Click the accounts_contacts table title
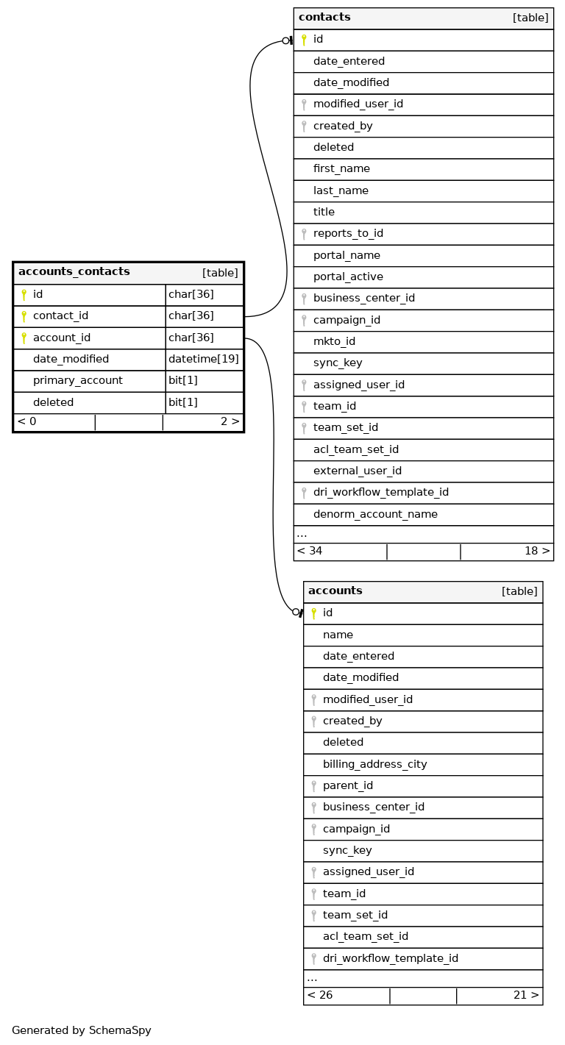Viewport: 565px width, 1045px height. pyautogui.click(x=74, y=272)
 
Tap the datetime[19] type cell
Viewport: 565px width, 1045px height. pyautogui.click(x=204, y=360)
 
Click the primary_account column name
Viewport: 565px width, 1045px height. pyautogui.click(x=77, y=381)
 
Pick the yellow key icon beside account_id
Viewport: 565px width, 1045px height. pyautogui.click(x=24, y=338)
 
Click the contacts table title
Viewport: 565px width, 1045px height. pyautogui.click(x=324, y=18)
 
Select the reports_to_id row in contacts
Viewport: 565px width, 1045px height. pyautogui.click(x=348, y=234)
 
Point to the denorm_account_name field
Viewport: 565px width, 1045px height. pyautogui.click(x=375, y=515)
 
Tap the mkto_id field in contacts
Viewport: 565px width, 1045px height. pyautogui.click(x=334, y=342)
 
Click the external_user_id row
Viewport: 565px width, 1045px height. pyautogui.click(x=358, y=471)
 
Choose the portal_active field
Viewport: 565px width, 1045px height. pyautogui.click(x=348, y=277)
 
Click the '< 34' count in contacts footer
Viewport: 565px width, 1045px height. pyautogui.click(x=310, y=552)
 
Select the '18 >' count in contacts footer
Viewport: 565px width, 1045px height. pyautogui.click(x=537, y=552)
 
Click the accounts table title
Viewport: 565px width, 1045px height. pyautogui.click(x=335, y=591)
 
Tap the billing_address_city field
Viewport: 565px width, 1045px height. pyautogui.click(x=374, y=765)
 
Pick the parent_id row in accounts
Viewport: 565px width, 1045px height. pyautogui.click(x=348, y=786)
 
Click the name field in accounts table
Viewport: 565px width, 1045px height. pyautogui.click(x=338, y=635)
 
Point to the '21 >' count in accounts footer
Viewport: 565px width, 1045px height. pyautogui.click(x=526, y=996)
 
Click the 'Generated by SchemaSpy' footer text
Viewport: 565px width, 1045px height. pyautogui.click(x=82, y=1031)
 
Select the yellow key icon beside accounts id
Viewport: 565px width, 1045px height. pyautogui.click(x=313, y=613)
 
